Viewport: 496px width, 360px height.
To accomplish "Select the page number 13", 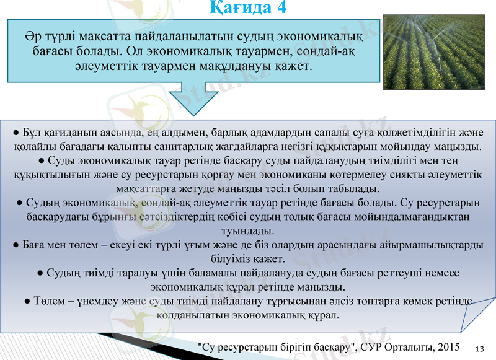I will pyautogui.click(x=479, y=349).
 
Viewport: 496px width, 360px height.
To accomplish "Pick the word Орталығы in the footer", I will pyautogui.click(x=399, y=346).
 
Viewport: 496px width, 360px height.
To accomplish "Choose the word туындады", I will pyautogui.click(x=247, y=230).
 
